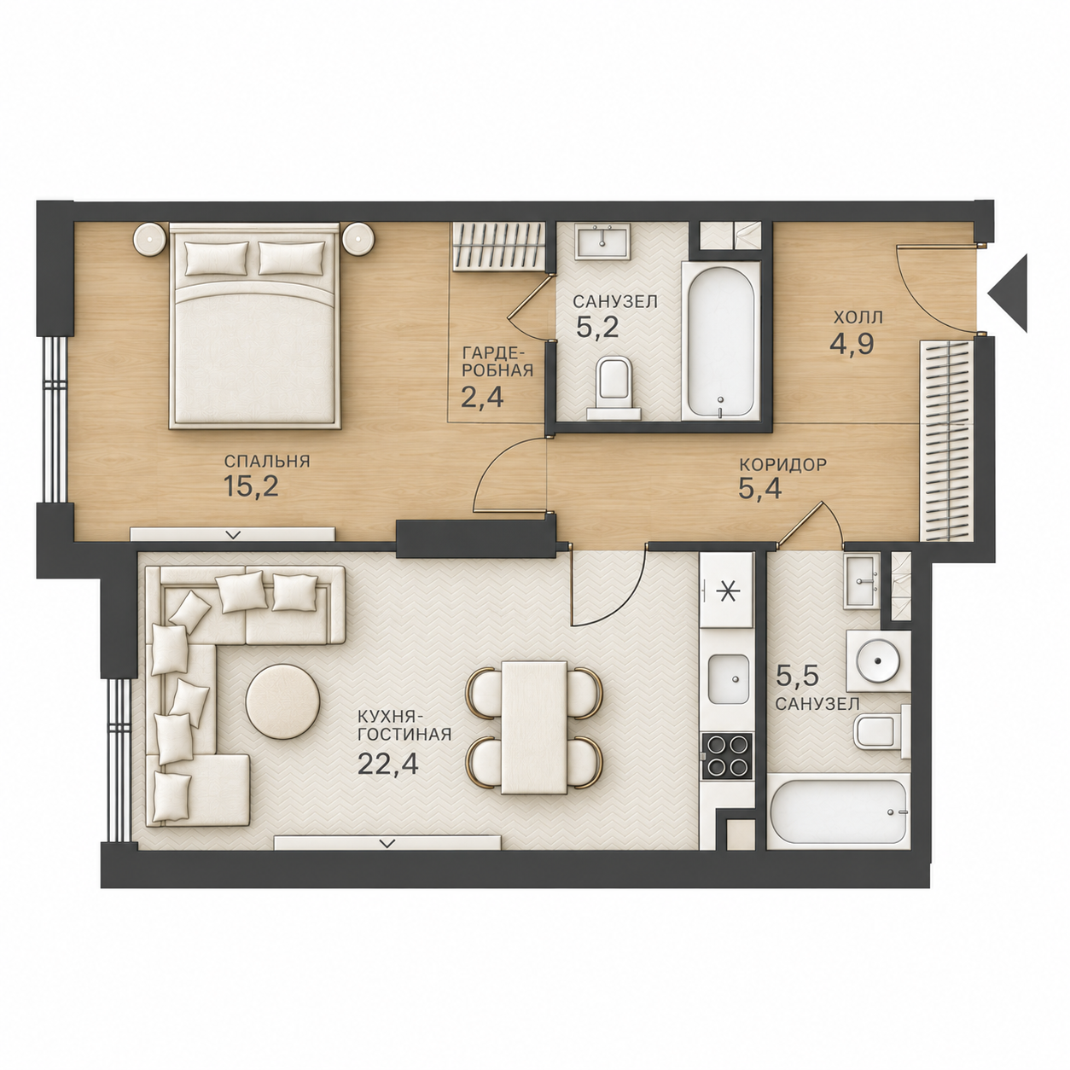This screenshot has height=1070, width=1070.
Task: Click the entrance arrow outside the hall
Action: (x=1009, y=294)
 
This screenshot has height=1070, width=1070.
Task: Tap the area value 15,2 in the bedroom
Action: (x=250, y=487)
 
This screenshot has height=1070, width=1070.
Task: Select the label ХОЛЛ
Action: (x=858, y=318)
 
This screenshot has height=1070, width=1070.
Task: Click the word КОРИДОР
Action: (x=783, y=464)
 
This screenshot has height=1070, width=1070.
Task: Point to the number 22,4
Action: (x=388, y=764)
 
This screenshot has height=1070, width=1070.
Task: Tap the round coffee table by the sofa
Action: (x=282, y=701)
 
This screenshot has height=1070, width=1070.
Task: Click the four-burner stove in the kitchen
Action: (x=727, y=756)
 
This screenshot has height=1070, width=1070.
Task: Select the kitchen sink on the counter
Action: (x=727, y=679)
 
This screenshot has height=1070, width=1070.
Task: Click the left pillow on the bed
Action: (x=216, y=259)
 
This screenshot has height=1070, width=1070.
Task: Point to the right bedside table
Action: (x=358, y=239)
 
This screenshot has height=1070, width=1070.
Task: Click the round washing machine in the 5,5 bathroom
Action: (x=878, y=660)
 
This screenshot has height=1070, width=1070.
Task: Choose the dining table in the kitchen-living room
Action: (x=533, y=727)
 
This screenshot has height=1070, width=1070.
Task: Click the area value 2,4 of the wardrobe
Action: (x=482, y=398)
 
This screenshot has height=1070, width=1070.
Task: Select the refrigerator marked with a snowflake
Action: (x=726, y=590)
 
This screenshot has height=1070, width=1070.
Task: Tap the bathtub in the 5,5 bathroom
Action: (x=839, y=814)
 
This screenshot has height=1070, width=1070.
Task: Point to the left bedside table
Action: (x=150, y=239)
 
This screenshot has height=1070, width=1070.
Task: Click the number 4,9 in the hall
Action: (x=852, y=344)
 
